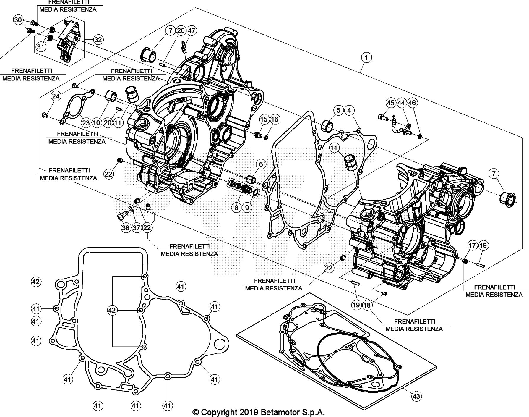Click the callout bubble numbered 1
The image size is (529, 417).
click(366, 57)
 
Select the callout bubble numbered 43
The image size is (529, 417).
click(416, 396)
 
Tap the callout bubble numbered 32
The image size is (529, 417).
click(98, 39)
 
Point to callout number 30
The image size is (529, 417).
click(18, 20)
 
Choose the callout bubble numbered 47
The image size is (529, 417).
click(191, 31)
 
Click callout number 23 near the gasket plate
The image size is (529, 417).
click(86, 122)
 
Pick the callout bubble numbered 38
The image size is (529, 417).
click(126, 227)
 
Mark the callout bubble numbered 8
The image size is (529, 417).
click(236, 207)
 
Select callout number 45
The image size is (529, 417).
click(391, 103)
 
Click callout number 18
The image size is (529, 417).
click(367, 305)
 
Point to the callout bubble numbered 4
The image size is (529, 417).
click(349, 110)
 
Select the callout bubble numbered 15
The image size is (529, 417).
click(264, 119)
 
